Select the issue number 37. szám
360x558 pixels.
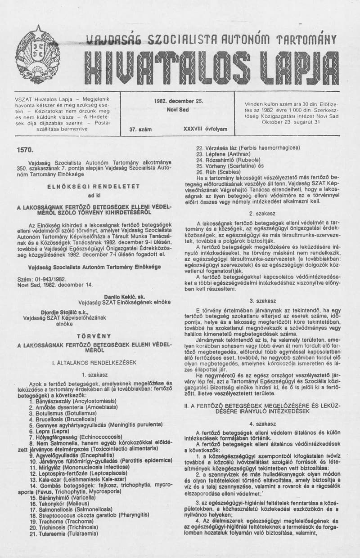tap(140, 129)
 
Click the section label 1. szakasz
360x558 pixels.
tap(94, 374)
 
